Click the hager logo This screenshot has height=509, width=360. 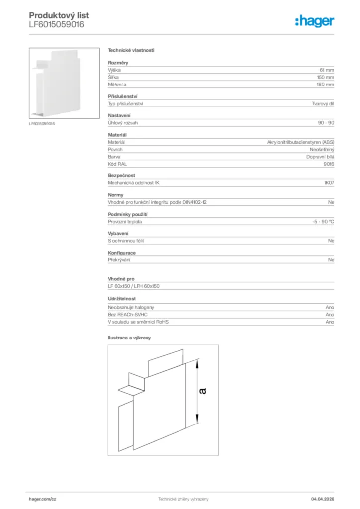coord(314,20)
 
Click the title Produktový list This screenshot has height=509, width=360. coord(59,16)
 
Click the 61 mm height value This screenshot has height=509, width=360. coord(327,70)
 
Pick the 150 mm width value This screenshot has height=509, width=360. coord(326,78)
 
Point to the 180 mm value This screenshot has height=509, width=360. coord(326,85)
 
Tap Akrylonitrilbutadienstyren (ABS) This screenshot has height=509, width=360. coord(300,142)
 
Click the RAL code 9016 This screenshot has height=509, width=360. coord(329,164)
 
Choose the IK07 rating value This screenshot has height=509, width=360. coord(329,183)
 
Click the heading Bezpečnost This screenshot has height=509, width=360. coord(121,175)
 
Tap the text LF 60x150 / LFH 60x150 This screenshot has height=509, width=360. coord(134,286)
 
